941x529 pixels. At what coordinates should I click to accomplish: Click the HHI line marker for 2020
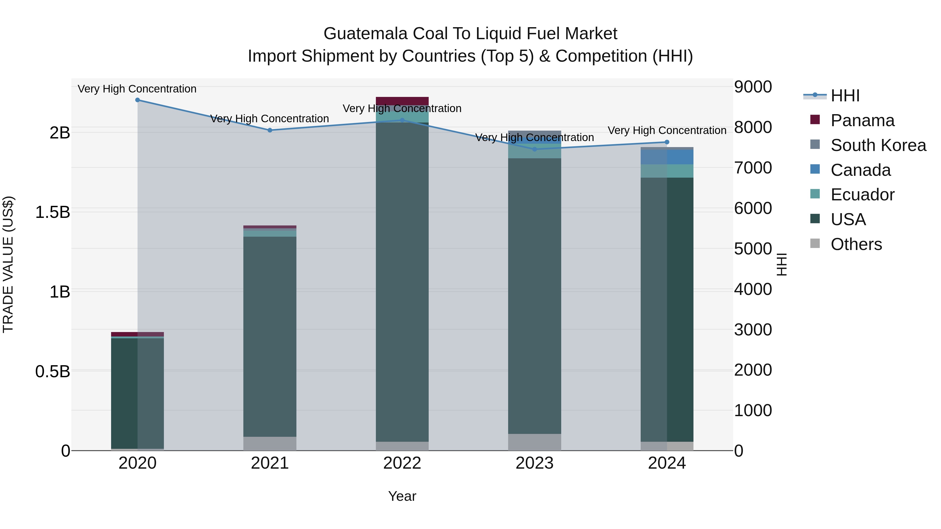coord(137,100)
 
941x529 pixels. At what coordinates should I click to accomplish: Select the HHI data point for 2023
coord(535,149)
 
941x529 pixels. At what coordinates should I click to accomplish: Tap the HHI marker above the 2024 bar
coord(667,142)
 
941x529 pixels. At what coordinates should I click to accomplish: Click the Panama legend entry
coord(862,120)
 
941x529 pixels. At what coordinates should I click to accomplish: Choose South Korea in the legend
coord(878,145)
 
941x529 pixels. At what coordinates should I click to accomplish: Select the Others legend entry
coord(856,244)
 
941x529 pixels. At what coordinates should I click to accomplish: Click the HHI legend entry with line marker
coord(845,96)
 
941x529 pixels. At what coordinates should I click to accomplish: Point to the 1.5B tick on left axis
coord(53,212)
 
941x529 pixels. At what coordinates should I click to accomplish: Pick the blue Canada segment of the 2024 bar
coord(667,157)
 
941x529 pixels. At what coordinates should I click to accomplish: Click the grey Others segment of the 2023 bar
coord(535,442)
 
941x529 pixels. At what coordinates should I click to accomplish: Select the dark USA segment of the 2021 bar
coord(269,336)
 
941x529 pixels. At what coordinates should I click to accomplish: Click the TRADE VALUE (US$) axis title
coord(8,264)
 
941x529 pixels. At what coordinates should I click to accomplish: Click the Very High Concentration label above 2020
coord(137,89)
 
